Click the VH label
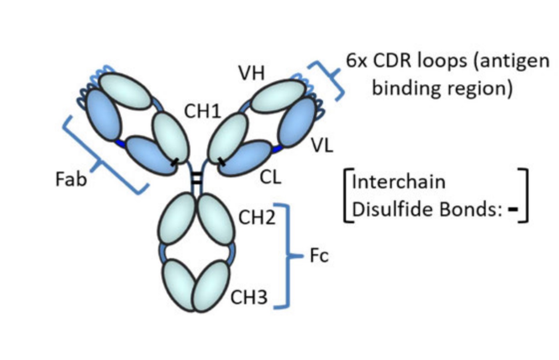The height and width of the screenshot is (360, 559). coord(251,74)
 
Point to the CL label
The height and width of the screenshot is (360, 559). coord(271,177)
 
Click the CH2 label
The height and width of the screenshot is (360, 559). coord(257,217)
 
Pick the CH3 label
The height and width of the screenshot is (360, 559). coord(249,297)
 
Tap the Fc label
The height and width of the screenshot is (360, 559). coord(319,256)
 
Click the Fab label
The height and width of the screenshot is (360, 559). coord(71,179)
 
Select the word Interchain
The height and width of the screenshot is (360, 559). coord(399,181)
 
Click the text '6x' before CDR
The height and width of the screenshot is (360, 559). coord(357,61)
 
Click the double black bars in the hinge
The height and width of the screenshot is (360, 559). coord(197,179)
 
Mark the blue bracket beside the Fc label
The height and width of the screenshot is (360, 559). coord(287,256)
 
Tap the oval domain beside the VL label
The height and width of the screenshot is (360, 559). coord(296,122)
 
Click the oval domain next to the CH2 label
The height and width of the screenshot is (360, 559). coord(216,219)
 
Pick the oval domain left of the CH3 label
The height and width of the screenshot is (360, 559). coord(211,286)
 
